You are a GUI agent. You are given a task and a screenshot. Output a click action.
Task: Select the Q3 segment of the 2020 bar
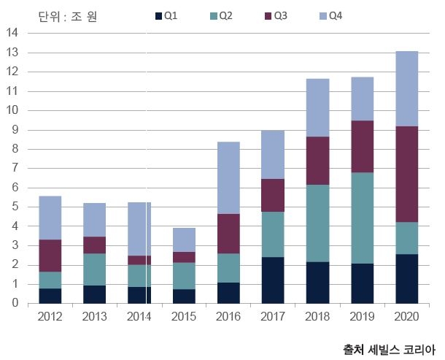tap(406, 174)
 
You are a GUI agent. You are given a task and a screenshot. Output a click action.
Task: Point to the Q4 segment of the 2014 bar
tap(139, 229)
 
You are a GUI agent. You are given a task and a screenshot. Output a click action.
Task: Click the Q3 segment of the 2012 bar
tap(50, 256)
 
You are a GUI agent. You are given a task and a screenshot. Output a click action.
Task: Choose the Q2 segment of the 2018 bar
tap(317, 223)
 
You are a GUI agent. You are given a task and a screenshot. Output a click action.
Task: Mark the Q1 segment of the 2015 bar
tap(184, 296)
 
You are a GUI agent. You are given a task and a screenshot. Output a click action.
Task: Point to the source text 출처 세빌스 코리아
tap(389, 349)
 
